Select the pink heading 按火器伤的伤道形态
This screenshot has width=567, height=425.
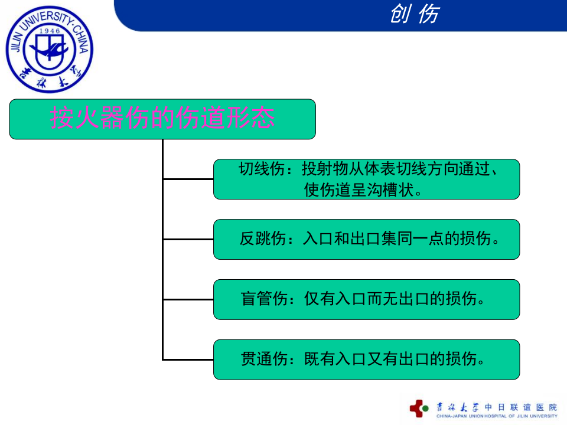coord(162,119)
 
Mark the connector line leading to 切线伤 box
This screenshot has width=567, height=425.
coord(188,178)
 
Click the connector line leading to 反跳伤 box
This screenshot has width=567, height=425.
coord(188,239)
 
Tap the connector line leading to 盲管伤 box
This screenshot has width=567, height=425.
coord(188,299)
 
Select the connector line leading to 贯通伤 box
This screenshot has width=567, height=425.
coord(188,359)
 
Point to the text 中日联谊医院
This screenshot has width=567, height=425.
coord(520,407)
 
